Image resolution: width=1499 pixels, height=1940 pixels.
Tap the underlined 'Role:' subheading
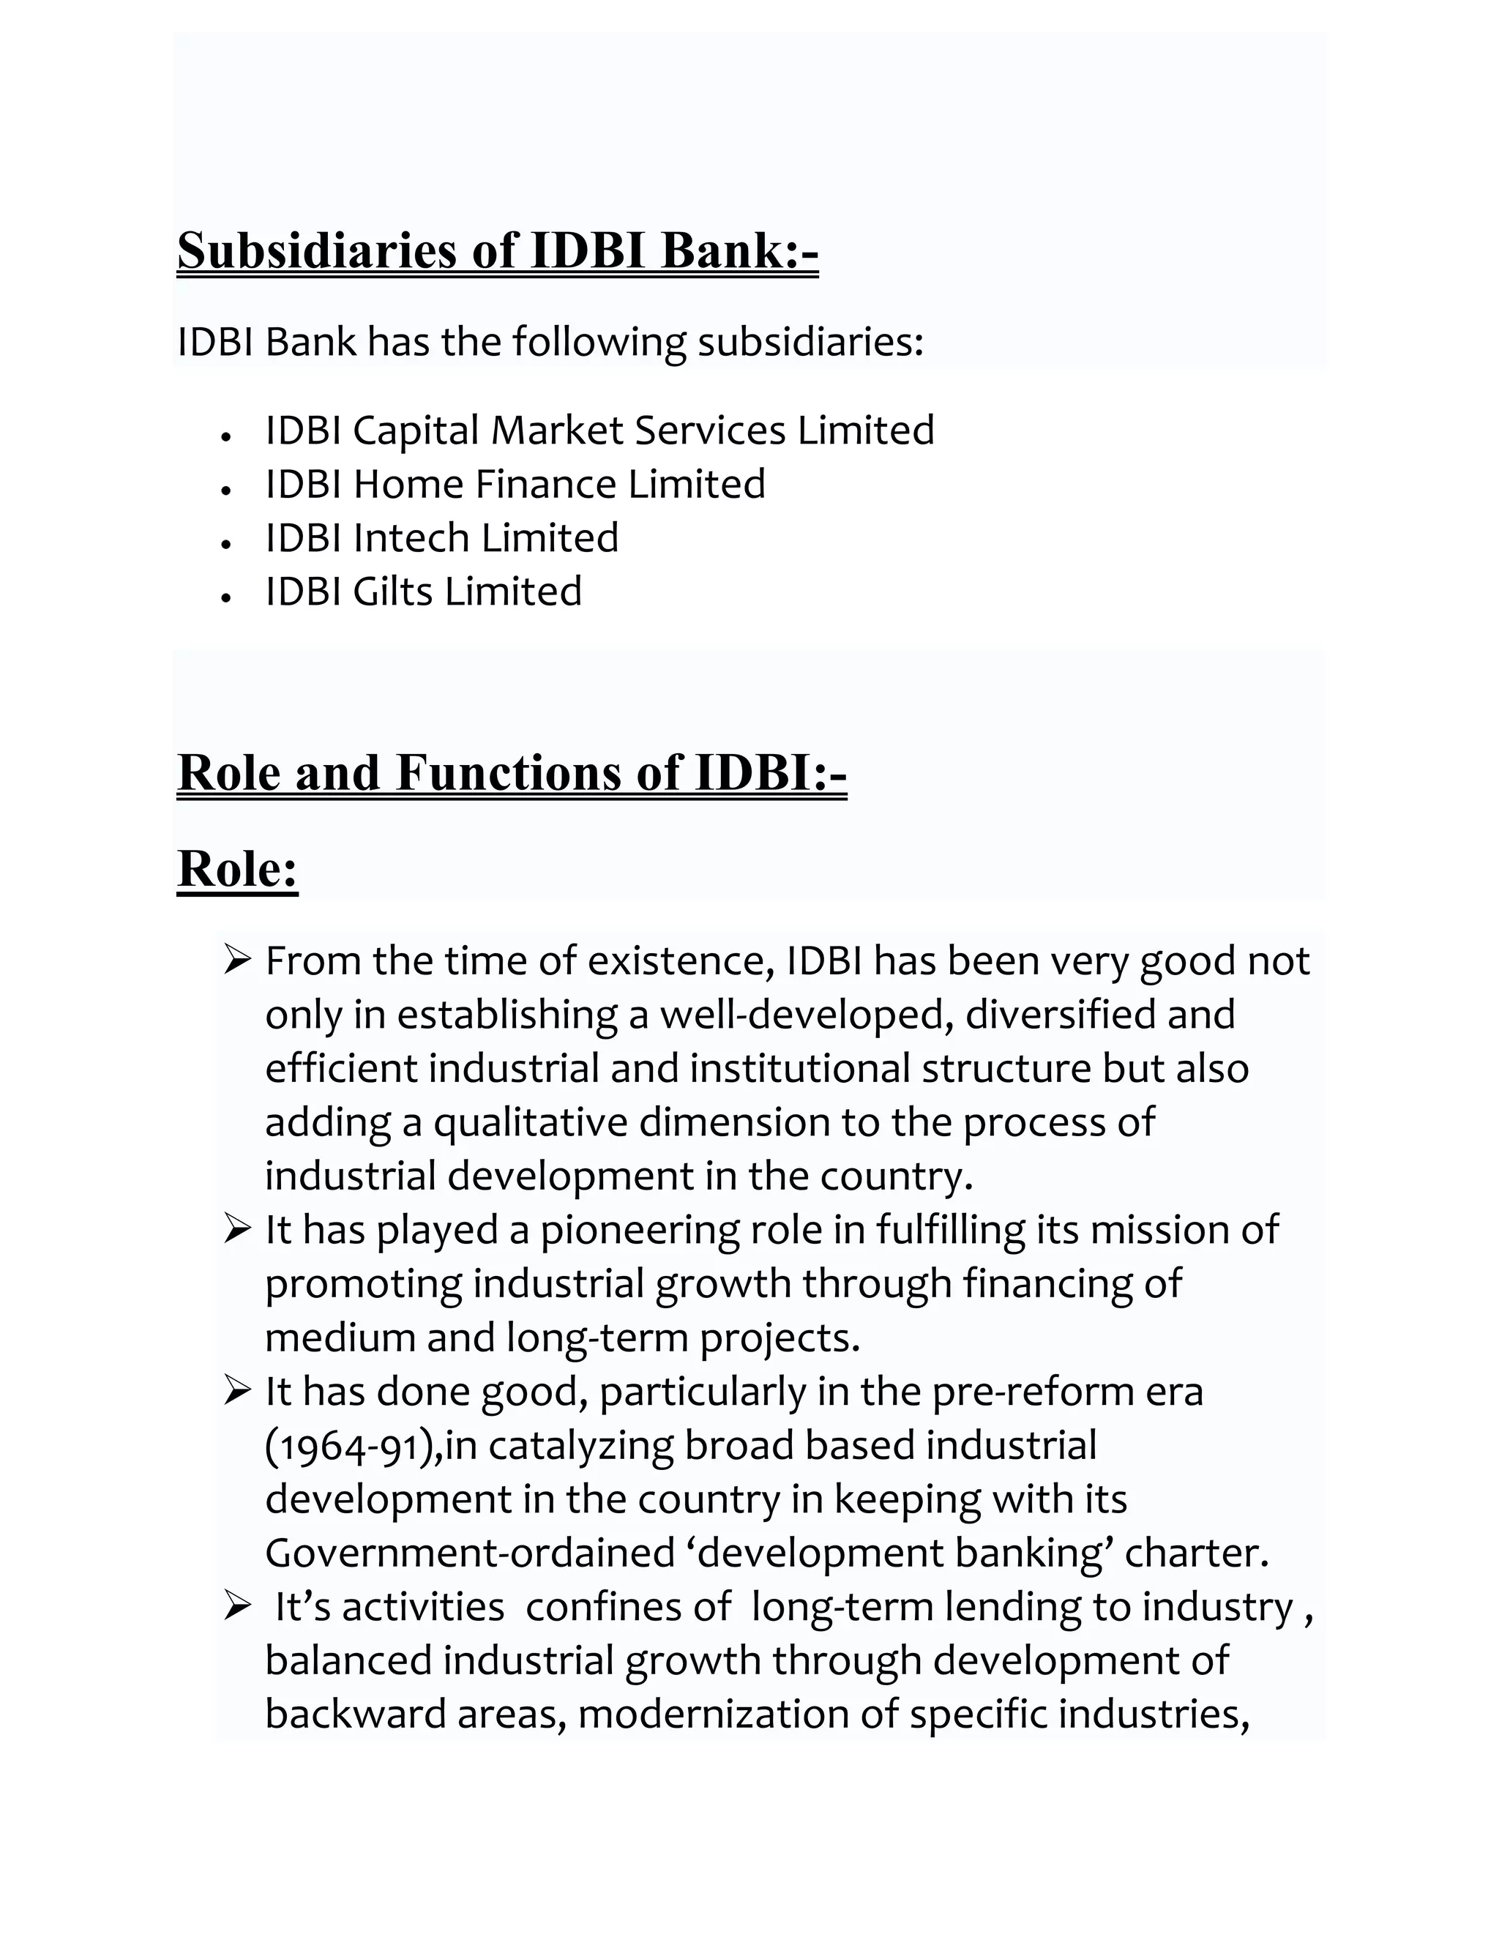point(237,869)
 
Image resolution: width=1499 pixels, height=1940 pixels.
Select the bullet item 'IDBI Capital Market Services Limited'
point(599,430)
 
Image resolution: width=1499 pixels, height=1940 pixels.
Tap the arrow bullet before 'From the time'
point(238,960)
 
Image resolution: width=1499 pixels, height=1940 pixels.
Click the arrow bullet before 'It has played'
point(238,1229)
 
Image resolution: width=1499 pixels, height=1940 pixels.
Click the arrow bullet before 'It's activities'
point(238,1606)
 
